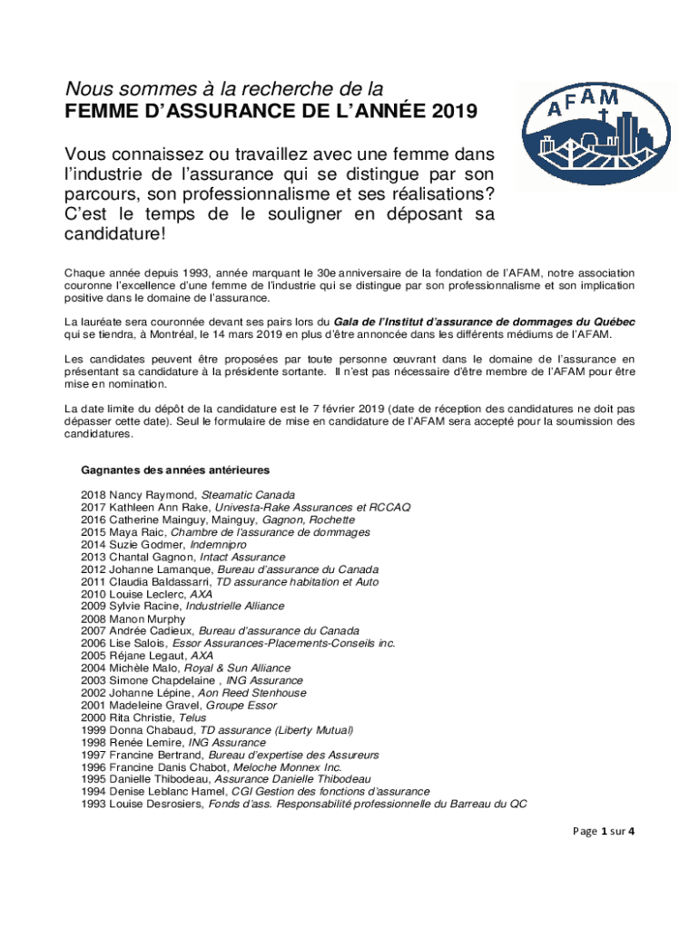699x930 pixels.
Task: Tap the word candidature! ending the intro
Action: pyautogui.click(x=115, y=234)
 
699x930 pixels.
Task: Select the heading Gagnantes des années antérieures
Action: pyautogui.click(x=174, y=470)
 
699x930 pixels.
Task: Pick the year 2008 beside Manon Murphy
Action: pyautogui.click(x=94, y=618)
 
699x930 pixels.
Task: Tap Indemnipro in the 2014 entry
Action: pyautogui.click(x=218, y=544)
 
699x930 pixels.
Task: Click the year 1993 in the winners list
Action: pyautogui.click(x=94, y=805)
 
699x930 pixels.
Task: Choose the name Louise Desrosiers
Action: pyautogui.click(x=155, y=805)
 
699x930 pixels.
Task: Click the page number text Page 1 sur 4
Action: pyautogui.click(x=605, y=832)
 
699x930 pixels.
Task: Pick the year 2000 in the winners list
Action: pyautogui.click(x=94, y=717)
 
